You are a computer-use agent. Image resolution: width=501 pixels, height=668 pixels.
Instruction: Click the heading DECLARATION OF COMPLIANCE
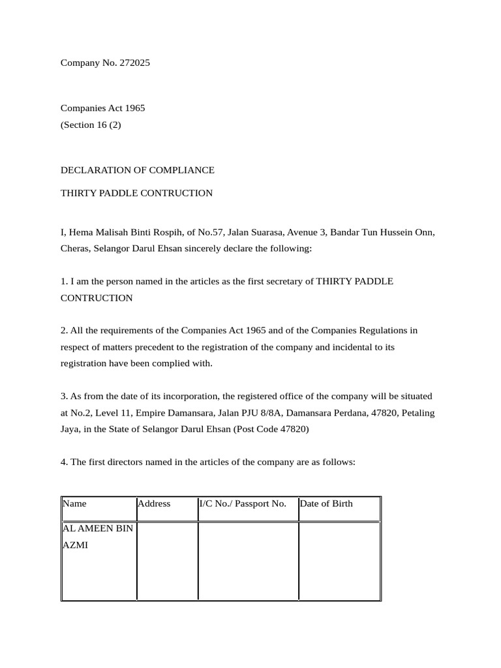pos(137,170)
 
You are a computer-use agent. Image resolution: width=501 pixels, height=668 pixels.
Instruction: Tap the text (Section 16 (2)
pos(91,126)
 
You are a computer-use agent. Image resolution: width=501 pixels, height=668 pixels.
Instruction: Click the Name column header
pos(75,504)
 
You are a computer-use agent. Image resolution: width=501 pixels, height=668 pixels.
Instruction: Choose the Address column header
pos(154,504)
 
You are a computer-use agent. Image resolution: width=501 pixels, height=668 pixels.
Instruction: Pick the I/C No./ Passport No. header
pos(243,504)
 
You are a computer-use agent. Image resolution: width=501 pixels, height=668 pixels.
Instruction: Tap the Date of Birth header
pos(326,504)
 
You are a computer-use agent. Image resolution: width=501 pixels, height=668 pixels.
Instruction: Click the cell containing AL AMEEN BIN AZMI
pos(98,536)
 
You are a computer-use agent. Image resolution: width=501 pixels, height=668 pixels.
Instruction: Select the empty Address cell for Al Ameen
pos(168,560)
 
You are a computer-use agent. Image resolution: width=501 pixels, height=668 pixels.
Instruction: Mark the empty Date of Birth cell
pos(339,560)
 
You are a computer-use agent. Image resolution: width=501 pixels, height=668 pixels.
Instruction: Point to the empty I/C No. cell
pos(249,560)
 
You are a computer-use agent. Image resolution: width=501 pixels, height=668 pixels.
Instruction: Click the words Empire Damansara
pos(175,413)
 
